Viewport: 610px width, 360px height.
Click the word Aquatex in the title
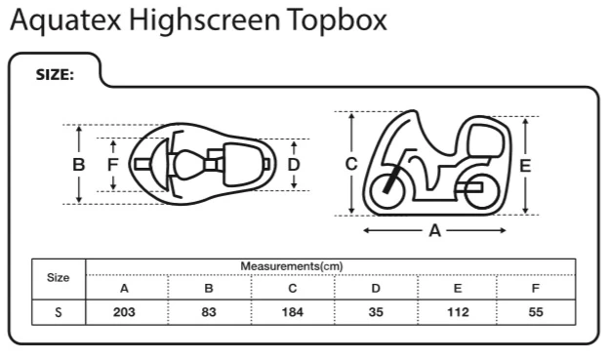[65, 20]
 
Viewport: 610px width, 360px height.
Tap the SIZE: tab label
[55, 75]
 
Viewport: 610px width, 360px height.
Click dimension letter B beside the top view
[79, 165]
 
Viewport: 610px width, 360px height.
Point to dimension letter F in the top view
[113, 165]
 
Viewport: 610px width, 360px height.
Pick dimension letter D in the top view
[294, 165]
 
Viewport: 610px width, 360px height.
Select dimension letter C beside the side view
[351, 164]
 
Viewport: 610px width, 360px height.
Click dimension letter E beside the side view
[525, 166]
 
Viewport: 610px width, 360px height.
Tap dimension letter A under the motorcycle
[434, 231]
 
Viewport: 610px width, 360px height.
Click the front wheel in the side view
[386, 191]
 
